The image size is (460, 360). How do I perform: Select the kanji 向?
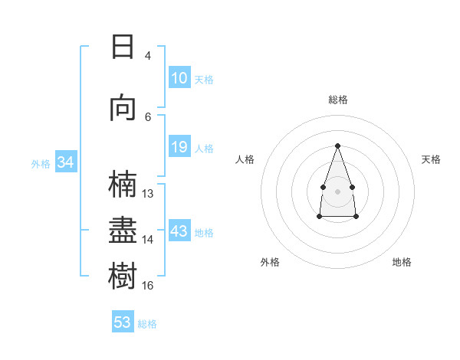coord(123,107)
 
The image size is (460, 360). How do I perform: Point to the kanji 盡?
coord(123,231)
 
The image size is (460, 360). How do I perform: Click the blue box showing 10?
coord(179,78)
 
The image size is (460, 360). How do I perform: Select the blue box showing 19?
coord(179,147)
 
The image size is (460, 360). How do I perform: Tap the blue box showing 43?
coord(179,231)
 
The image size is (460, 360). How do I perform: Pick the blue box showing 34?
coord(65,162)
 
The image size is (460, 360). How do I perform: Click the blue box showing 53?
coord(123,322)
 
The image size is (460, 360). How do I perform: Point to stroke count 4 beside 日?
coord(148,55)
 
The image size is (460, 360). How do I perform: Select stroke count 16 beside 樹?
coord(148,285)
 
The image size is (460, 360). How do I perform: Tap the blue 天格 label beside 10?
coord(204,79)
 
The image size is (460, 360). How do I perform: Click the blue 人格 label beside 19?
coord(204,148)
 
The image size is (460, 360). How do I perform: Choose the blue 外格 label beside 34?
coord(41,163)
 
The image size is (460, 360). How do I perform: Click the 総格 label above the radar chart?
coord(337,100)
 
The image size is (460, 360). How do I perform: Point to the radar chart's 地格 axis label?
coord(402,262)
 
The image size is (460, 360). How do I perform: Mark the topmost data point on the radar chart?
coord(337,146)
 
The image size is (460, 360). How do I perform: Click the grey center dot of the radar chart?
coord(337,190)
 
